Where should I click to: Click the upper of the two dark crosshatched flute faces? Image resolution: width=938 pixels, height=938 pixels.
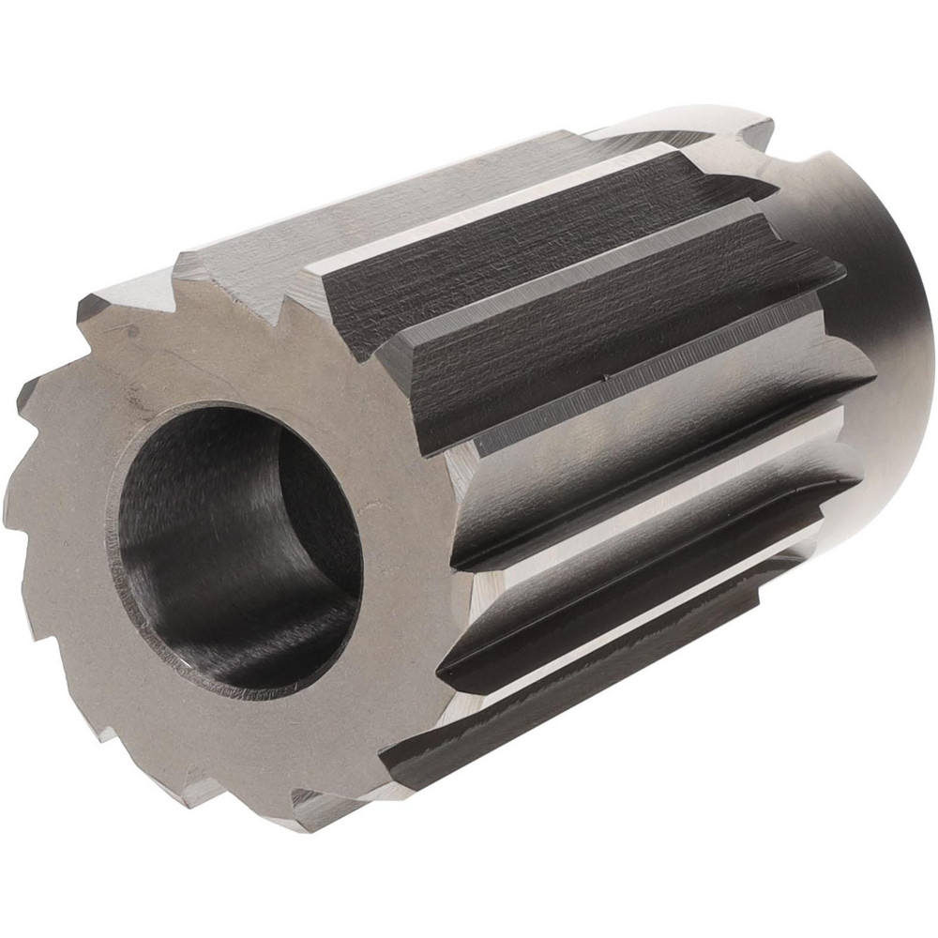525,244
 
